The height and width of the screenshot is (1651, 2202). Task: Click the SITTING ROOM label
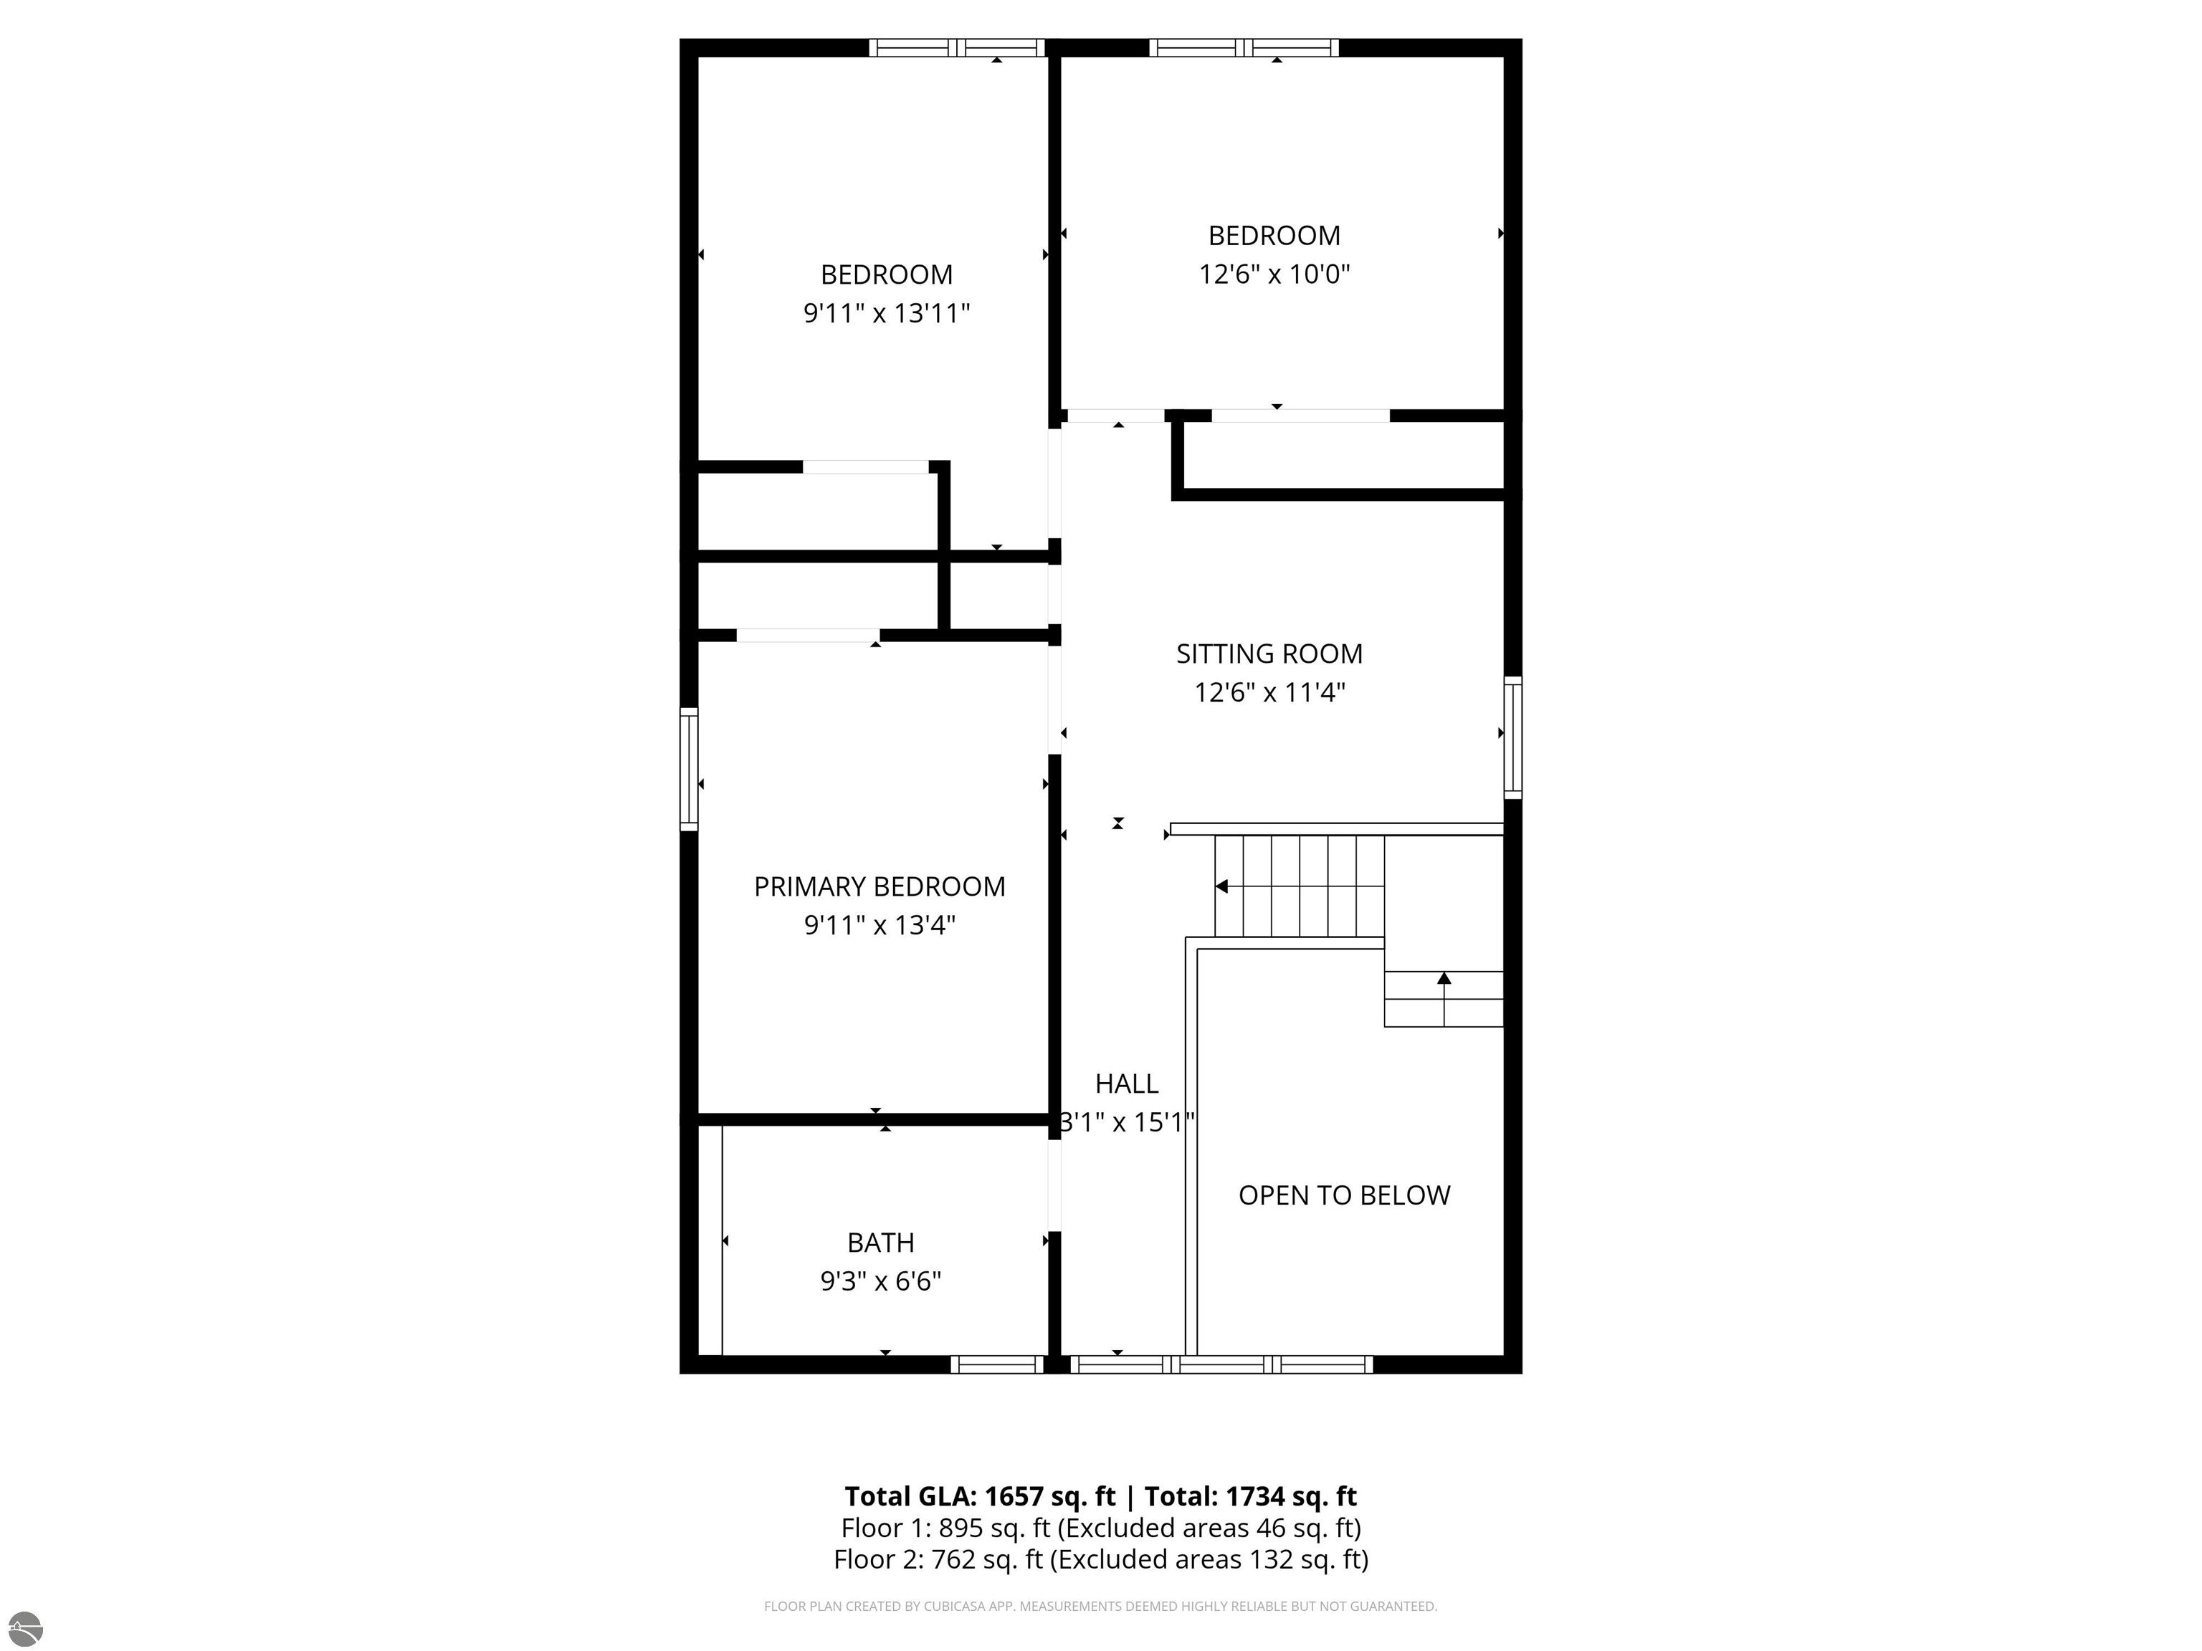[x=1269, y=654]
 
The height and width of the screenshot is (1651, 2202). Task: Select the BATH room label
[x=881, y=1243]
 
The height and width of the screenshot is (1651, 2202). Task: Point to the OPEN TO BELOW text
[x=1344, y=1195]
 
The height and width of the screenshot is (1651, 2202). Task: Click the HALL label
[x=1127, y=1083]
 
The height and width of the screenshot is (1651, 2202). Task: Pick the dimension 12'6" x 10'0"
[x=1274, y=274]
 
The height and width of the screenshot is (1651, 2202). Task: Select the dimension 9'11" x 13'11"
[x=887, y=313]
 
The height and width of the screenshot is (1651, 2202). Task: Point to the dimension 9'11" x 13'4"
[x=880, y=926]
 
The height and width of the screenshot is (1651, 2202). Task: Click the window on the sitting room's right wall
[x=1512, y=737]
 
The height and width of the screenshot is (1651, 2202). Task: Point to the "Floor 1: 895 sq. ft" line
[x=1101, y=1528]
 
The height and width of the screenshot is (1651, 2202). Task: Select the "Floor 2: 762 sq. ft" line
[x=1101, y=1559]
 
